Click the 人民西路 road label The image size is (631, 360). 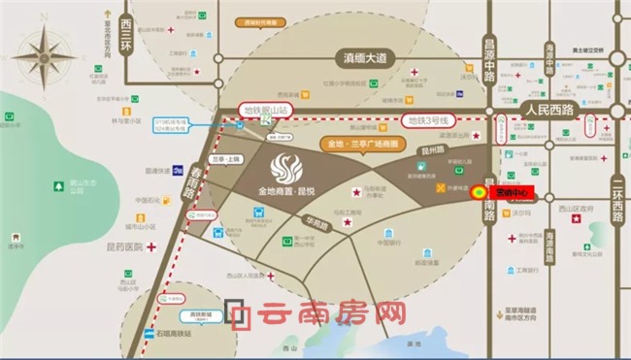pos(549,110)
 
